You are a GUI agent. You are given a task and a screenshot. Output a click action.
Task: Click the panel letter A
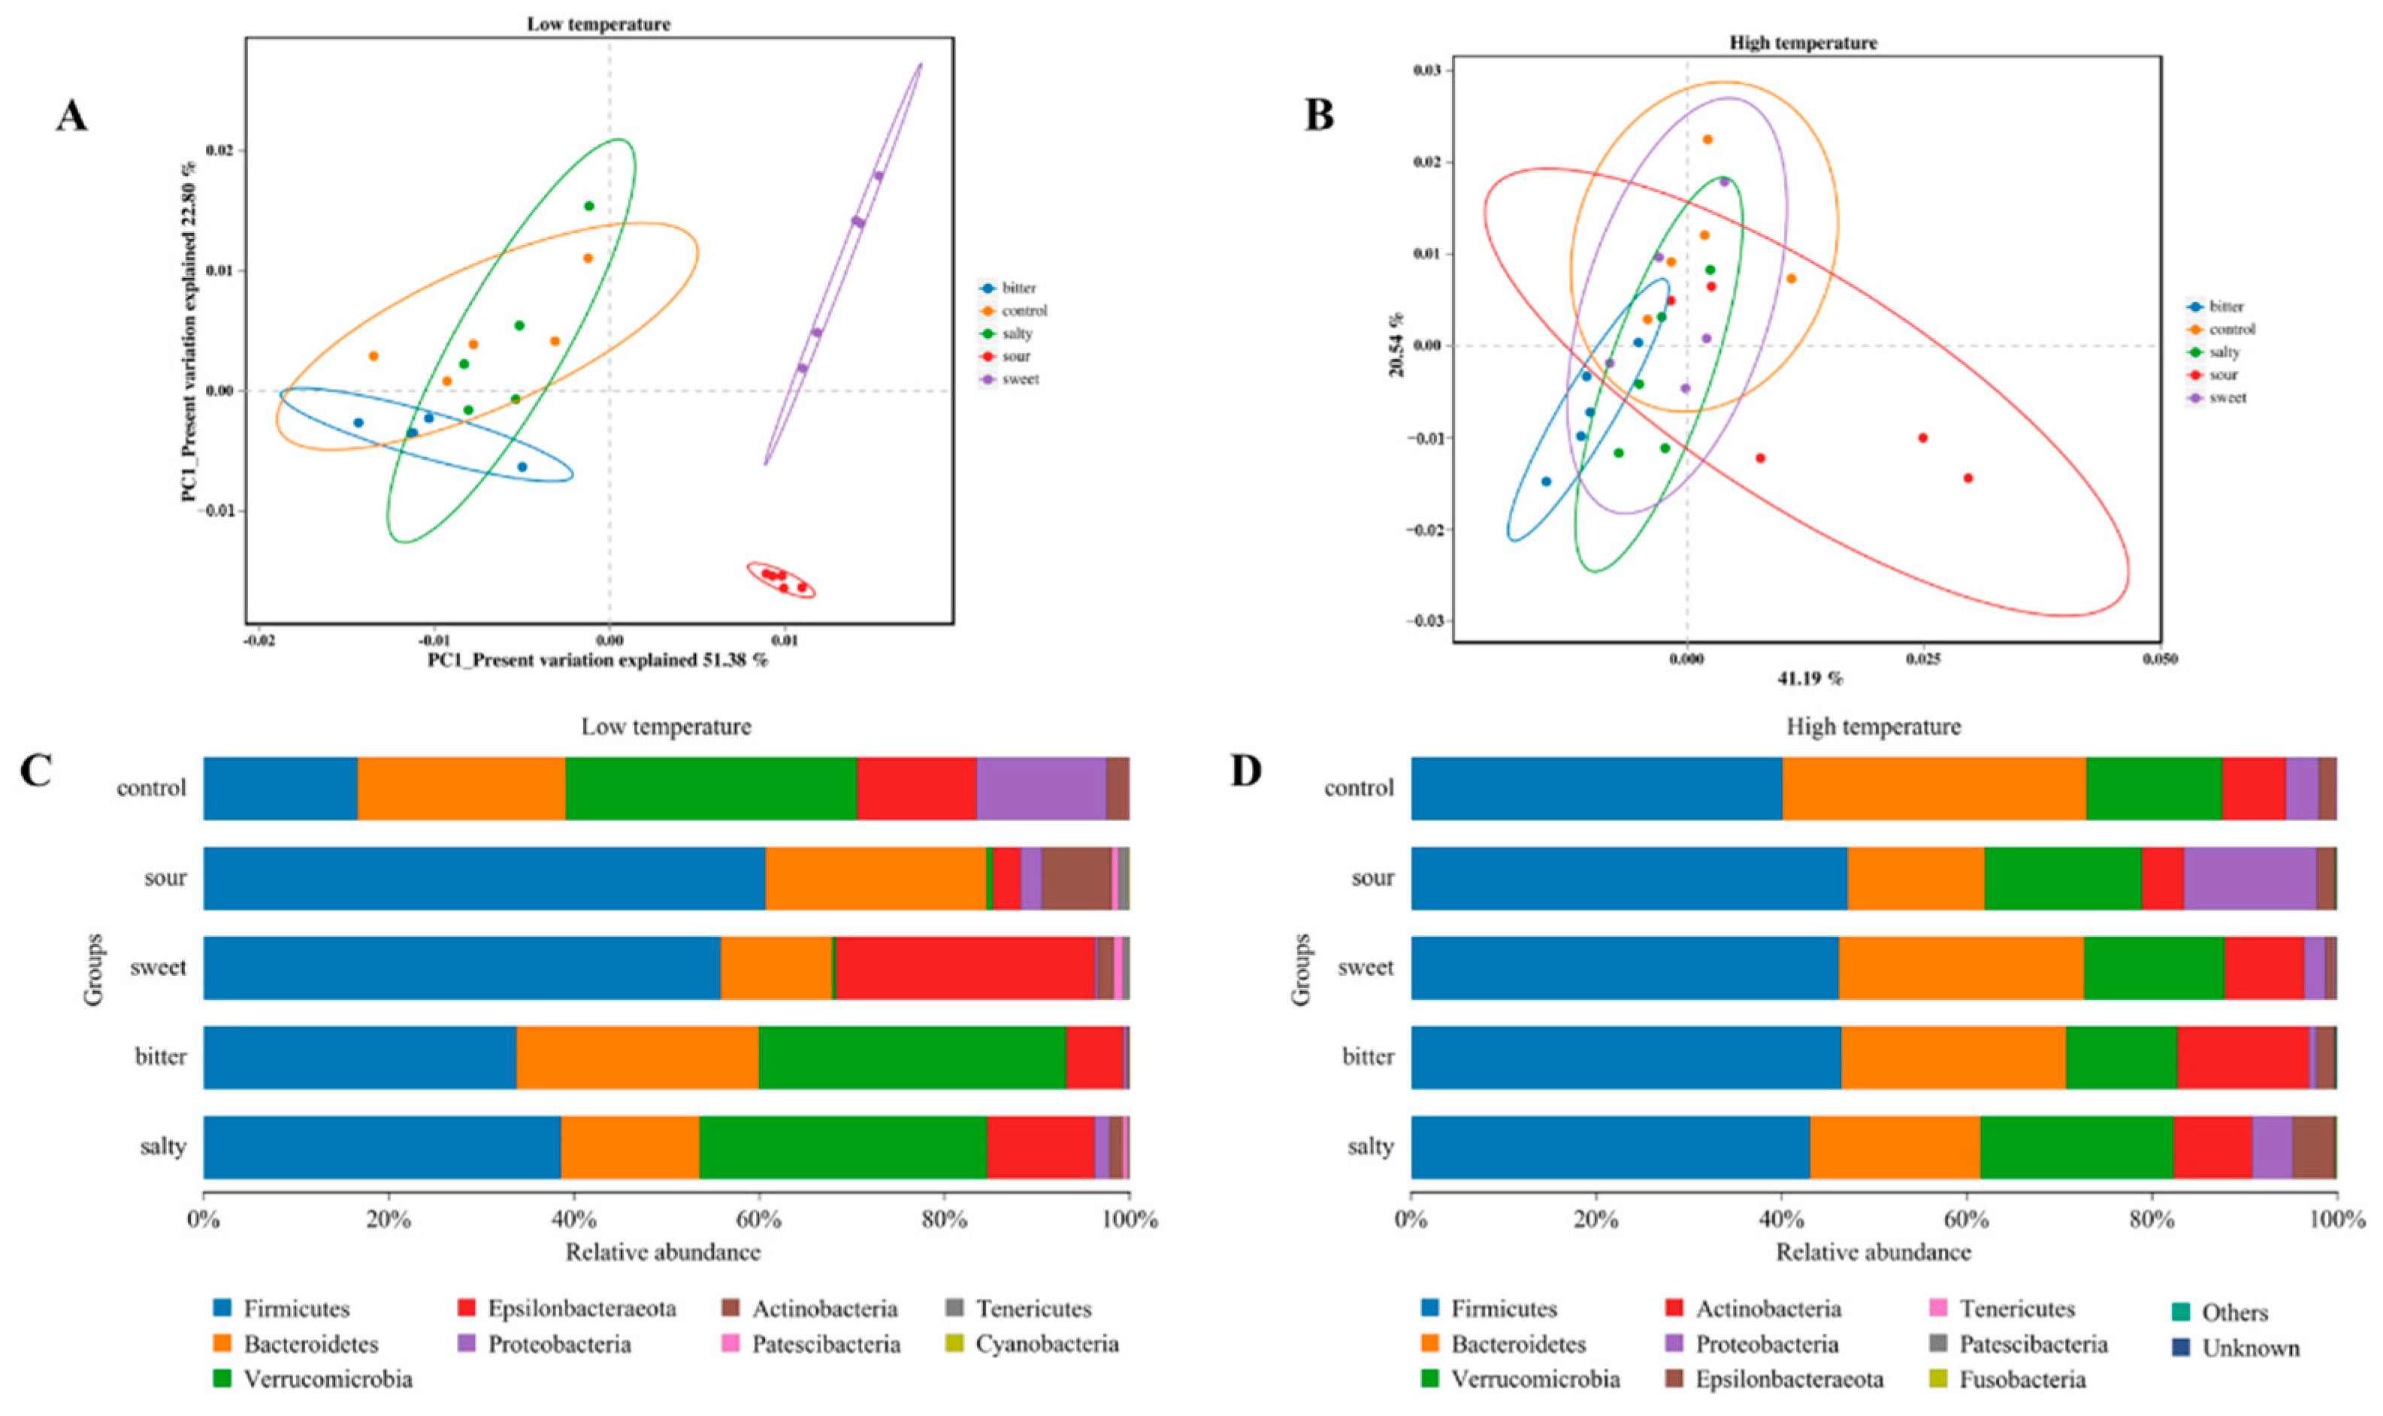click(x=71, y=116)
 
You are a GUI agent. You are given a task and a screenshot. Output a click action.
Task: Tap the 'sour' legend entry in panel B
click(x=2221, y=375)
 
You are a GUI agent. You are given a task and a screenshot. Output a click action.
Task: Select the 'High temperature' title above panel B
click(x=1803, y=43)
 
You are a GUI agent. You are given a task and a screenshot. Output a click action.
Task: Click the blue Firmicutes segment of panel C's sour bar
click(x=484, y=878)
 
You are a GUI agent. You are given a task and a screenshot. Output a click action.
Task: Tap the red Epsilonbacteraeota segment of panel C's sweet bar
click(x=964, y=968)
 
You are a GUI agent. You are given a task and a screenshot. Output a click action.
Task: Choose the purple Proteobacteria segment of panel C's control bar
click(x=1040, y=788)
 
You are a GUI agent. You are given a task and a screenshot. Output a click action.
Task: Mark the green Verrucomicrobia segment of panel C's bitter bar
click(x=912, y=1057)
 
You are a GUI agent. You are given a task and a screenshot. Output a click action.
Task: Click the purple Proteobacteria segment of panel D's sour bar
click(x=2249, y=878)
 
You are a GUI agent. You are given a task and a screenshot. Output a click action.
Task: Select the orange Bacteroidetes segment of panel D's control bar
click(x=1934, y=788)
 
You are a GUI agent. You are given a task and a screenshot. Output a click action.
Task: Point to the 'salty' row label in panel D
click(x=1371, y=1146)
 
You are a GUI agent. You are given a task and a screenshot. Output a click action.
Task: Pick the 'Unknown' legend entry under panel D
click(x=2249, y=1348)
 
